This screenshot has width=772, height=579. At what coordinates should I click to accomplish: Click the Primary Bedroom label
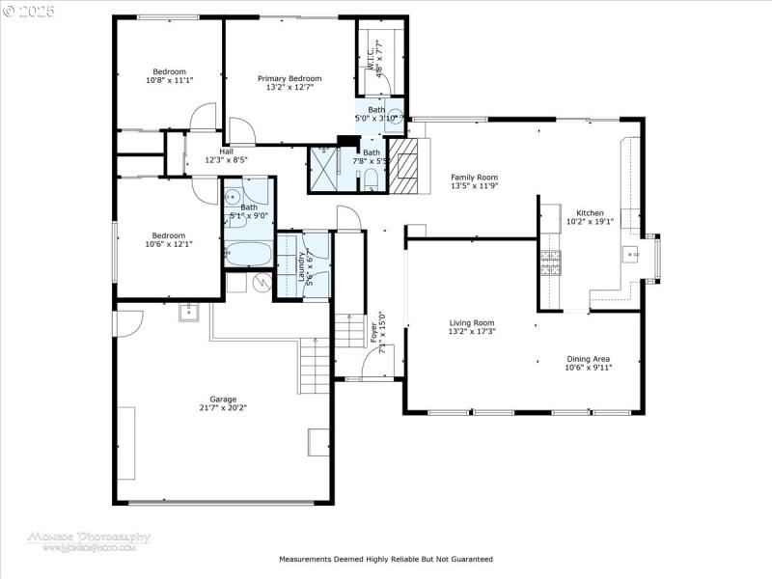pos(289,78)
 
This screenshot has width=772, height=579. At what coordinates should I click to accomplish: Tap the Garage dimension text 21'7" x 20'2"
pos(223,408)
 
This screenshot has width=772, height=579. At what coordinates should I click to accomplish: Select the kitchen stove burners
pos(550,263)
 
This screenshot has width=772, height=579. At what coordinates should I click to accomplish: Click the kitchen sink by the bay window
pos(632,256)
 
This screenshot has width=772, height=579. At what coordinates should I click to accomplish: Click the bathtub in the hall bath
pos(249,254)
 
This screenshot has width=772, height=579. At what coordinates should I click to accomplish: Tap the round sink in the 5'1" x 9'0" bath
pos(233,197)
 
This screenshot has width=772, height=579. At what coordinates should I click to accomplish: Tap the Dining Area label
pos(588,358)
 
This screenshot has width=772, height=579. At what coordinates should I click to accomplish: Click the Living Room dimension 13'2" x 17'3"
pos(471,332)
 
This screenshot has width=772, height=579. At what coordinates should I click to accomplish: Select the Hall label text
pos(226,152)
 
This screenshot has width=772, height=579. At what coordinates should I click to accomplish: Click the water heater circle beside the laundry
pos(260,282)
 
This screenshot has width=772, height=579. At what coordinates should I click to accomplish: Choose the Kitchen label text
pos(590,213)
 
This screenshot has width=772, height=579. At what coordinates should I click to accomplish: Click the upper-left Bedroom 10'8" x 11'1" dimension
pos(170,81)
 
